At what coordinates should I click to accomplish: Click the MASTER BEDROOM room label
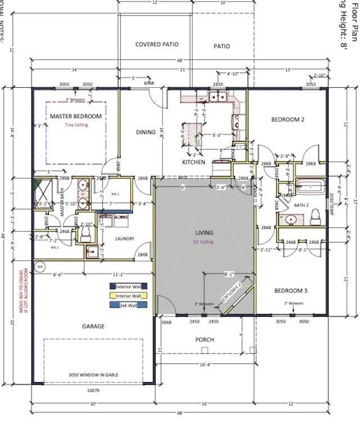(x=75, y=116)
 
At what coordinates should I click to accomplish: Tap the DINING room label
(x=146, y=132)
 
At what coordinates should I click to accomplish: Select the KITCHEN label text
(x=193, y=162)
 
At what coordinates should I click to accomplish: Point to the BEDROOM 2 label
(x=287, y=119)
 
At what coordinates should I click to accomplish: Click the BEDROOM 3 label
(x=290, y=291)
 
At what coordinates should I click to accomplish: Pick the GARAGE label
(x=93, y=326)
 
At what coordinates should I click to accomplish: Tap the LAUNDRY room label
(x=124, y=239)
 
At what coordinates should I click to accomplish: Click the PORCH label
(x=204, y=339)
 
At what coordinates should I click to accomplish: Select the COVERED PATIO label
(x=157, y=44)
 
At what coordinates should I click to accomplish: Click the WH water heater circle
(x=40, y=266)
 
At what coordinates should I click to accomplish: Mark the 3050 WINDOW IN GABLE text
(x=93, y=375)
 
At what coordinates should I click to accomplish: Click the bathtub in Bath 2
(x=310, y=185)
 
